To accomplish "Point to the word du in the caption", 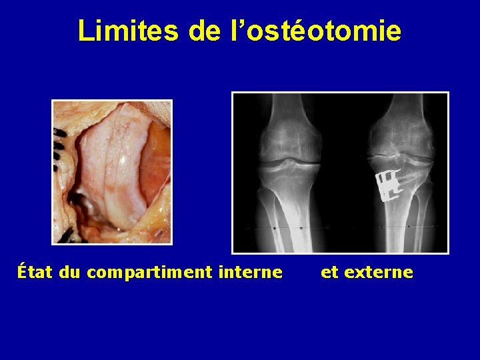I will [71, 272].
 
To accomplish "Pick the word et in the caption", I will [329, 272].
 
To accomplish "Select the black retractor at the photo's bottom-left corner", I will [65, 235].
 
